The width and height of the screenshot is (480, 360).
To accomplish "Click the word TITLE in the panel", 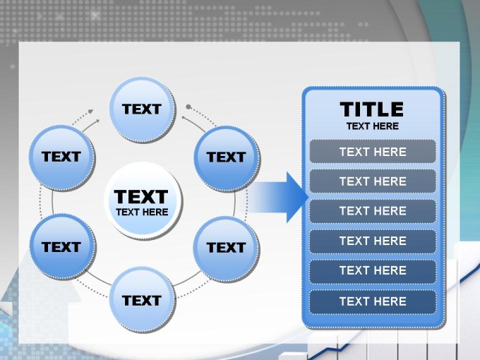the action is click(x=372, y=109).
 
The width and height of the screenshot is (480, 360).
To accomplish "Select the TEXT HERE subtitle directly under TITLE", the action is click(x=373, y=126).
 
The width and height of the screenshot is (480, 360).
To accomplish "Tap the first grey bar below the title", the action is click(x=373, y=152).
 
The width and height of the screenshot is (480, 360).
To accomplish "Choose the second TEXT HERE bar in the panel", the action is click(x=373, y=181).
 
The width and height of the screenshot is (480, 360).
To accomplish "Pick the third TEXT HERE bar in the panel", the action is click(x=373, y=211).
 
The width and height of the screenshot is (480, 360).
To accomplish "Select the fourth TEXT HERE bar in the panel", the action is click(x=373, y=241).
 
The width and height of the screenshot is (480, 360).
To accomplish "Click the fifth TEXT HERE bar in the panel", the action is click(x=373, y=271).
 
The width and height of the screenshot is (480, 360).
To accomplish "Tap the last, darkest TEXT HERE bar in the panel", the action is click(x=373, y=301).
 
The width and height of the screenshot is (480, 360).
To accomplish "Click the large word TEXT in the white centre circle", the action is click(x=140, y=196).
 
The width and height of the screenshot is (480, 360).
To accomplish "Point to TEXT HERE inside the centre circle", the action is click(x=142, y=212).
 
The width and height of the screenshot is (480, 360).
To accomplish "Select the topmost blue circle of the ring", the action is click(x=143, y=109).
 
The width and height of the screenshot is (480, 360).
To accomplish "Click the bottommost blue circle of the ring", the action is click(x=143, y=300).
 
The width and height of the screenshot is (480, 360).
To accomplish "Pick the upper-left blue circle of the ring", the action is click(x=62, y=157).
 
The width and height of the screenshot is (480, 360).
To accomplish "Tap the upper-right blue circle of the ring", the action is click(x=227, y=158).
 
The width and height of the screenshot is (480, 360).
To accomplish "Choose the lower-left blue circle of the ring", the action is click(x=62, y=247).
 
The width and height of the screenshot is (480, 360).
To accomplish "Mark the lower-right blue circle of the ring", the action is click(x=227, y=248).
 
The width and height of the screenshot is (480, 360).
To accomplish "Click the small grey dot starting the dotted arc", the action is click(x=188, y=107).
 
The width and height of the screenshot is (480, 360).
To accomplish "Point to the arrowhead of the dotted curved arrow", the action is click(x=90, y=112).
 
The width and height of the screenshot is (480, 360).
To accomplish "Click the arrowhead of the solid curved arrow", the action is click(x=97, y=121).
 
